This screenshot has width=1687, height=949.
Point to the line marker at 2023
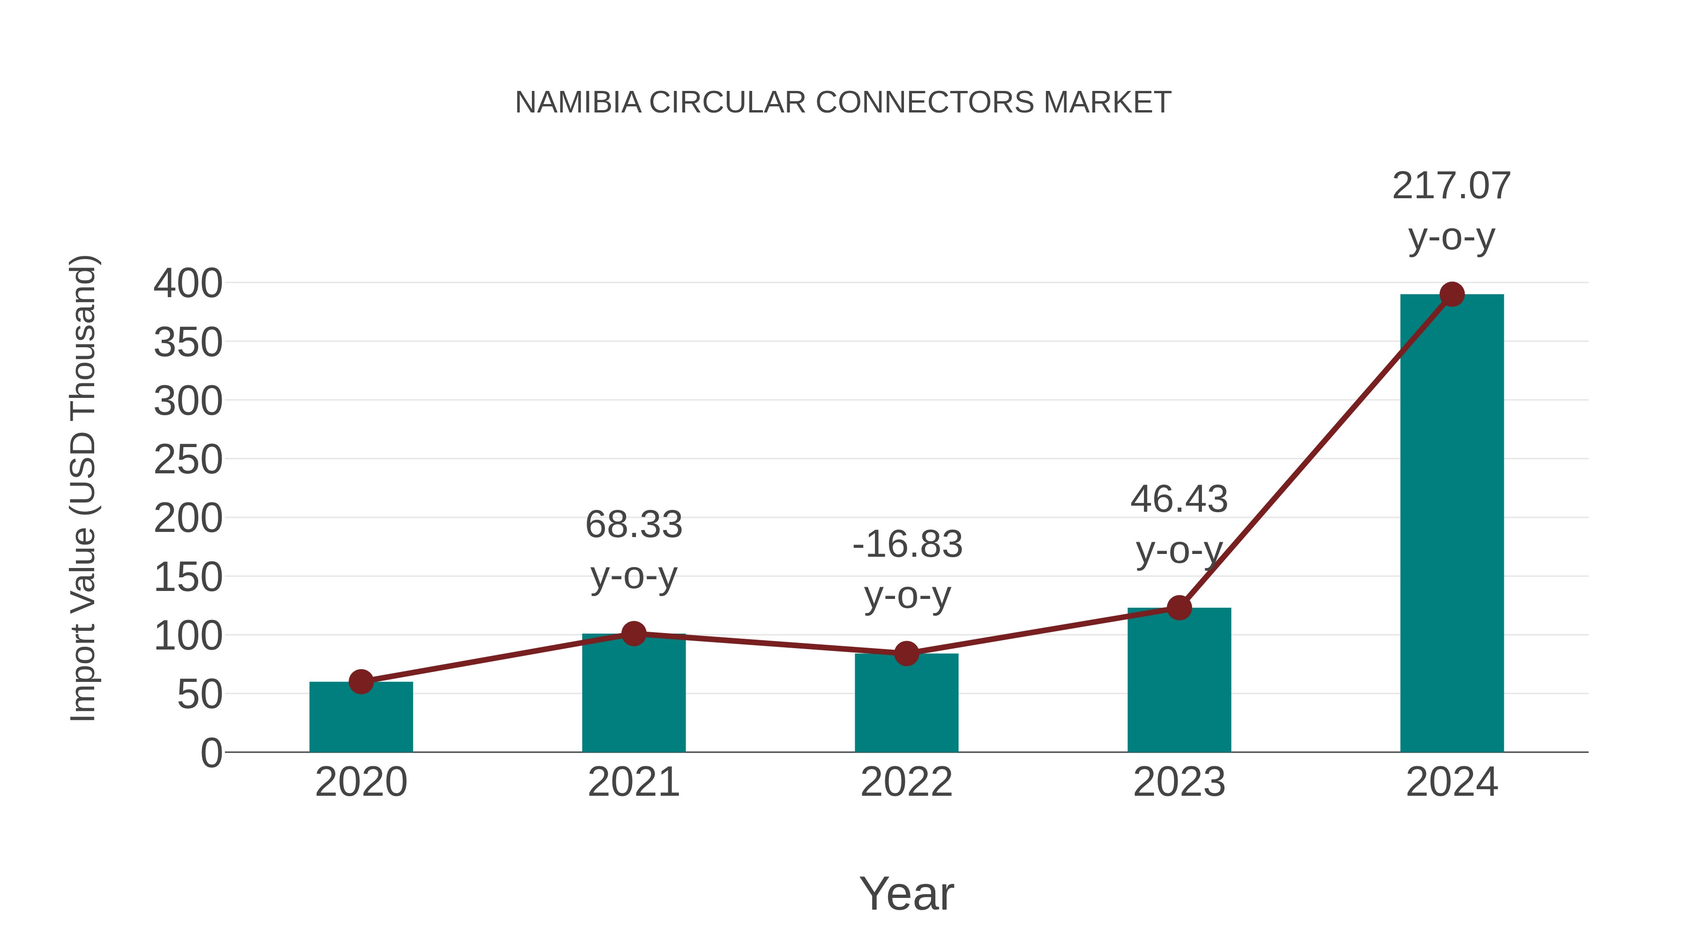pyautogui.click(x=1179, y=608)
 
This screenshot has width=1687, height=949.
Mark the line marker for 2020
pyautogui.click(x=361, y=682)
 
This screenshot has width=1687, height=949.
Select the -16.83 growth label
pyautogui.click(x=907, y=545)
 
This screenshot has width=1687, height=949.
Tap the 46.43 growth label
pyautogui.click(x=1179, y=500)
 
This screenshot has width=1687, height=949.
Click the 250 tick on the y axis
pyautogui.click(x=188, y=460)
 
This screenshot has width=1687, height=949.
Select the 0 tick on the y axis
pyautogui.click(x=211, y=753)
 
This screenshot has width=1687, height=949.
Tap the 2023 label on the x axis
pyautogui.click(x=1179, y=783)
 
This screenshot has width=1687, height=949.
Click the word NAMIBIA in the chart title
pyautogui.click(x=578, y=103)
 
